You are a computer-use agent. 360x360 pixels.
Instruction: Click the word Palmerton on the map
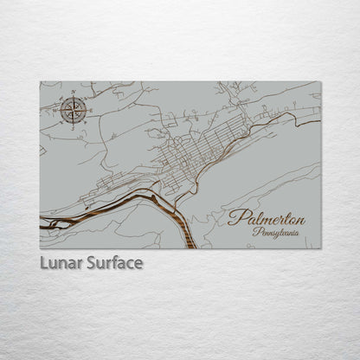tap(267, 217)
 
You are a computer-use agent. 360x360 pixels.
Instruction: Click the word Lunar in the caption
tap(60, 262)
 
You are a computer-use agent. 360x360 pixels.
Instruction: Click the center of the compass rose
tap(74, 110)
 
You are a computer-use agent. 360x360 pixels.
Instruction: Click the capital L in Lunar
tap(43, 262)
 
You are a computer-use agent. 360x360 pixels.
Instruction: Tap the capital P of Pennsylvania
tap(255, 232)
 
